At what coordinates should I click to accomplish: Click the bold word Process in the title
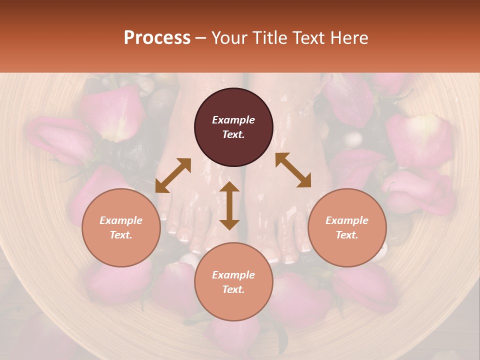[157, 38]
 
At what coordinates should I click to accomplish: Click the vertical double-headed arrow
[229, 205]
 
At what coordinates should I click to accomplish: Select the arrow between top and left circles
[173, 175]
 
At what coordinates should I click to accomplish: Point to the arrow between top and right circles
[293, 170]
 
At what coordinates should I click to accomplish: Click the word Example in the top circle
[233, 120]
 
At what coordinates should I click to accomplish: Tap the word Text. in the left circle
[121, 235]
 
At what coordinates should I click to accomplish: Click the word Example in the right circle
[347, 220]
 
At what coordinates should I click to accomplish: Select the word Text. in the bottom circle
[233, 289]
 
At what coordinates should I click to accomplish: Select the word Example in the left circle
[121, 220]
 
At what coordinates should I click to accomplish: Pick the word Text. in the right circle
[347, 235]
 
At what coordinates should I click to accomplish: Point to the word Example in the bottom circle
[233, 275]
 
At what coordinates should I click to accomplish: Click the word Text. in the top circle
[233, 134]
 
